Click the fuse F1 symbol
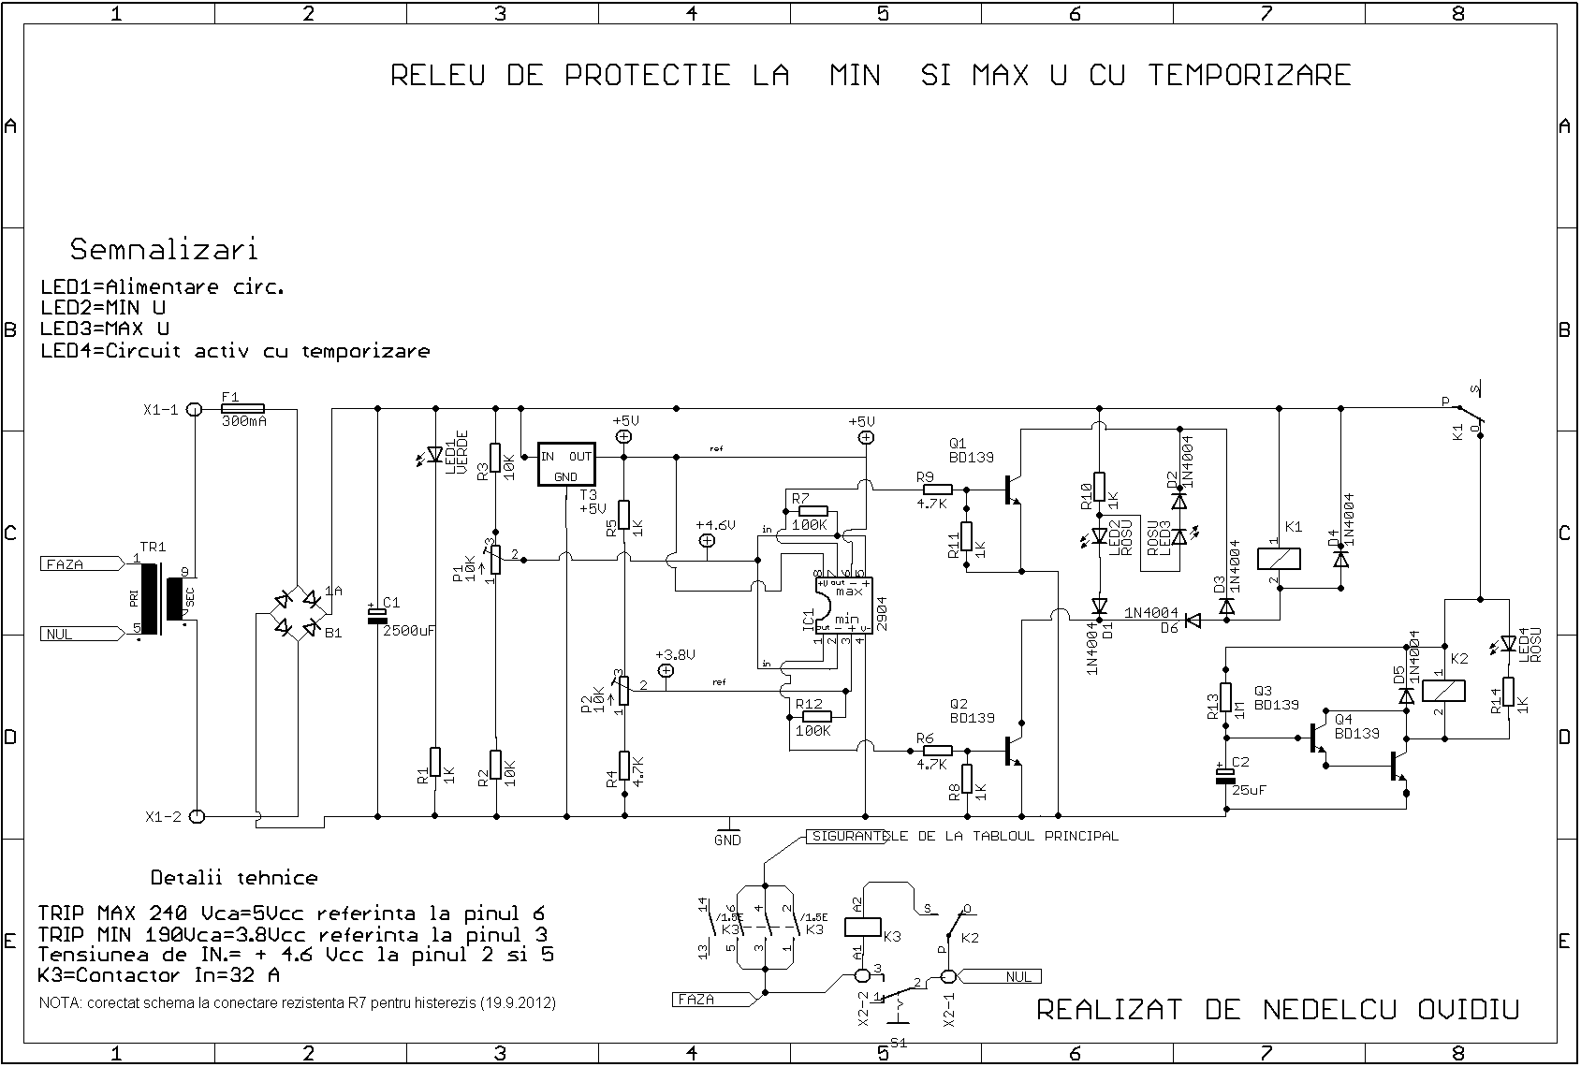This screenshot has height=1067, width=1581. point(242,409)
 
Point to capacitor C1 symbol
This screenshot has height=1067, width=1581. point(377,614)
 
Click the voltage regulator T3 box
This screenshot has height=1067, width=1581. point(566,463)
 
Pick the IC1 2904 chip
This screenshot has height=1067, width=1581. point(844,606)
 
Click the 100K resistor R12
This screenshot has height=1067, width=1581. point(815,717)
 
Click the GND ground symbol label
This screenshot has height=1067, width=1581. point(727,840)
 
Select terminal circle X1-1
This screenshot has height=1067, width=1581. point(195,409)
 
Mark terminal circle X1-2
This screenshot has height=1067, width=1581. point(197,816)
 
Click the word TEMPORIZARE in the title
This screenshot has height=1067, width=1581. point(1250,75)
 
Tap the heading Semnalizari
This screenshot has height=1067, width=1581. point(164,250)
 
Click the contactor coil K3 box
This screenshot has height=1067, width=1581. point(861,926)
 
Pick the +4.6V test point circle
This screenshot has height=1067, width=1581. point(708,540)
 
